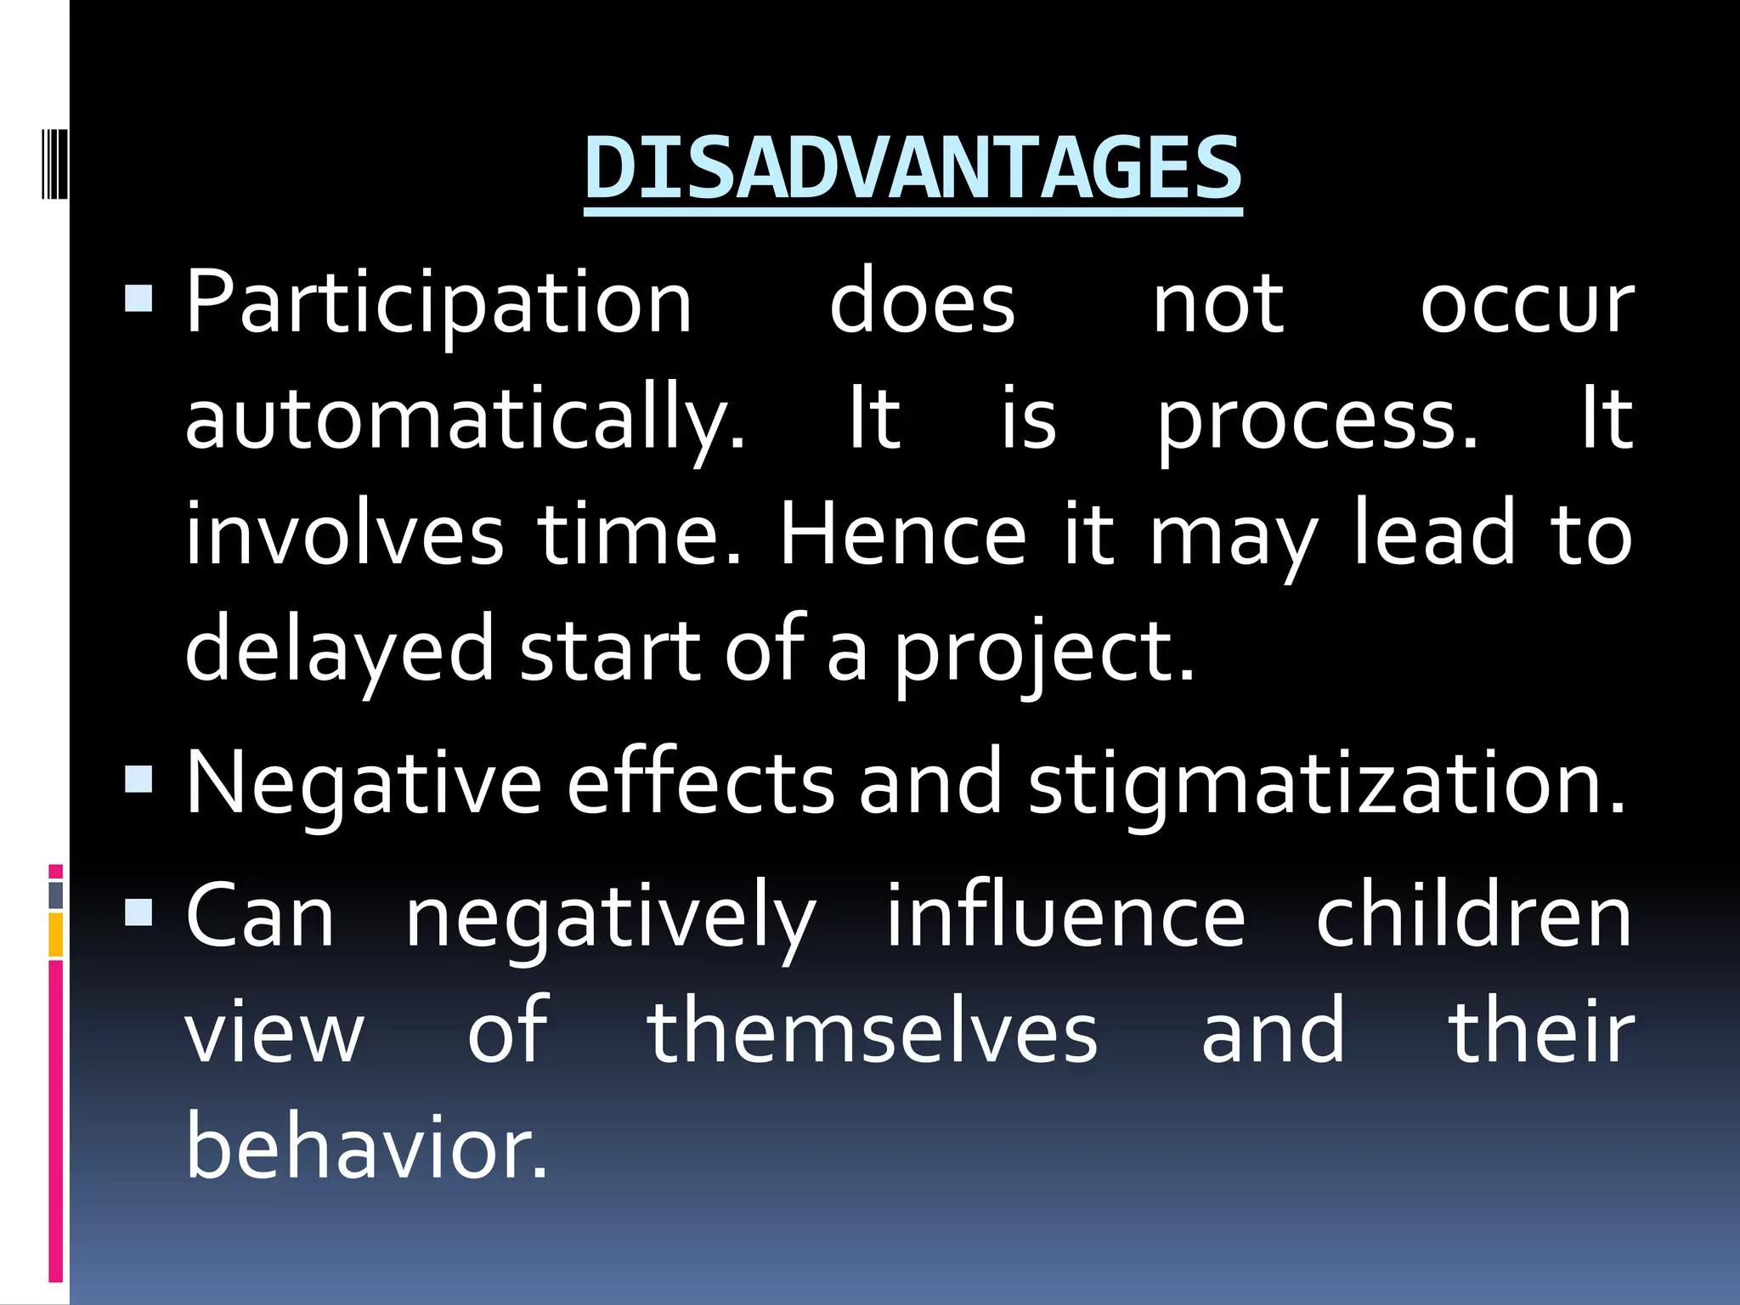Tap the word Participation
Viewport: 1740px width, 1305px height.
coord(439,304)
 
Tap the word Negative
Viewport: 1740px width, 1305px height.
coord(363,783)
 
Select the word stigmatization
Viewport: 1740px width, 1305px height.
coord(1326,783)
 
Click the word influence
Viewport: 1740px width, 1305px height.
coord(1065,917)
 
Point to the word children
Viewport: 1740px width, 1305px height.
coord(1473,917)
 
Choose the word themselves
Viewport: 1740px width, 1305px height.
coord(873,1032)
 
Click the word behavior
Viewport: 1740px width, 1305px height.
coord(366,1147)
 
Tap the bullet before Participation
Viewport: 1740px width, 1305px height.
coord(138,300)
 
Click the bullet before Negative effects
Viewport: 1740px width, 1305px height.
coord(138,778)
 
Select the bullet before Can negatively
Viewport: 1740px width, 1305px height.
coord(138,912)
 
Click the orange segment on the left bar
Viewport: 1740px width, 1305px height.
coord(56,935)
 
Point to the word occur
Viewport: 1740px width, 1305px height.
coord(1527,304)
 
